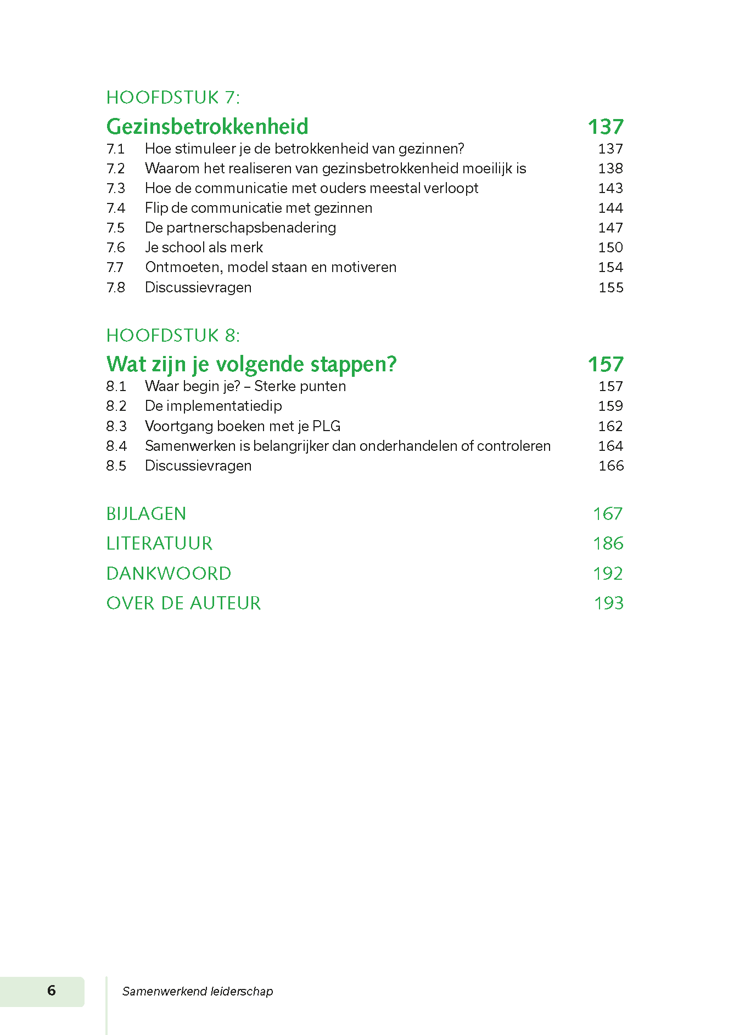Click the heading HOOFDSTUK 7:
coord(173,98)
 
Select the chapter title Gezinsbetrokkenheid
coord(207,127)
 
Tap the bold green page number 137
coord(606,127)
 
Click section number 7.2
coord(116,168)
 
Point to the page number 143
coord(610,188)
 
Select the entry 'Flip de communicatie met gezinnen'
coord(259,208)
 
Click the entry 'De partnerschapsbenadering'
coord(240,228)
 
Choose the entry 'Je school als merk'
coord(204,247)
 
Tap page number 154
coord(610,267)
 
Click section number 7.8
coord(116,287)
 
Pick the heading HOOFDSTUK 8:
coord(173,336)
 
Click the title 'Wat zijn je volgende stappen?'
coord(251,364)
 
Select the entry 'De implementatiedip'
coord(214,406)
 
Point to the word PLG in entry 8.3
coord(327,426)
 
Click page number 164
coord(610,446)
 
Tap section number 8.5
coord(116,466)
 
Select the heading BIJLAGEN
coord(146,514)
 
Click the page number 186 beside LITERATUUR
coord(608,544)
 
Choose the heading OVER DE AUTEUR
coord(183,603)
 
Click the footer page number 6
coord(52,990)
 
